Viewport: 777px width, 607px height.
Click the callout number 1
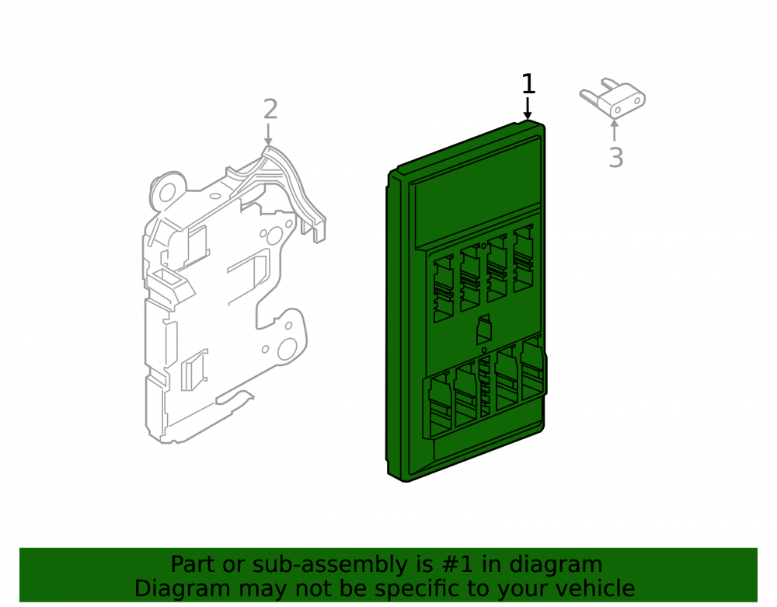point(528,84)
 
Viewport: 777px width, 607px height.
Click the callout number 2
point(270,109)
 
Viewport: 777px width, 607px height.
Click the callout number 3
point(615,158)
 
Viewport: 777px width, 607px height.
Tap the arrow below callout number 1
point(528,108)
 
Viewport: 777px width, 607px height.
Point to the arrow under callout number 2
point(268,134)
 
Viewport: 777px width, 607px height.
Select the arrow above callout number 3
point(615,130)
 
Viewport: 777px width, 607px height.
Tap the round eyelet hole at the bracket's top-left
point(168,191)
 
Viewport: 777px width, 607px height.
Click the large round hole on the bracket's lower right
point(287,349)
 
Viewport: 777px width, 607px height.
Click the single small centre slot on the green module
point(483,330)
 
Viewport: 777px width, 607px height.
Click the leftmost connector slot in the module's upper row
point(444,289)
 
